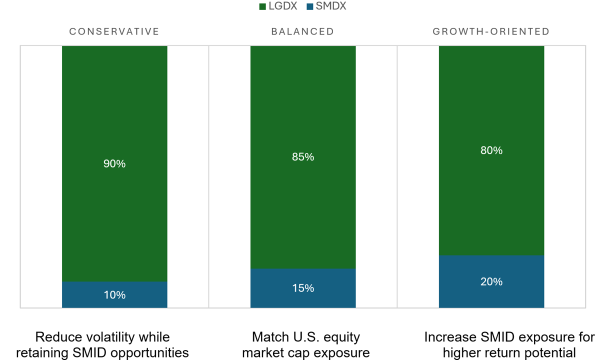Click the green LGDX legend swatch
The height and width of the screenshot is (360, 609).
[x=262, y=6]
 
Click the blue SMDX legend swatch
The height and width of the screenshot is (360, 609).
[x=309, y=6]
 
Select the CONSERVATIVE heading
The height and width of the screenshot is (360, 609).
[x=114, y=31]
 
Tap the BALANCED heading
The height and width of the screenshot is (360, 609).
[x=302, y=31]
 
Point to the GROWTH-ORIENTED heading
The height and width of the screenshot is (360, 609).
[x=491, y=31]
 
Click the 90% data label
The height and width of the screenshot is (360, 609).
[x=114, y=163]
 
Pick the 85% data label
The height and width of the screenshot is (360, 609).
[x=303, y=157]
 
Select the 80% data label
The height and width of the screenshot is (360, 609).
[x=491, y=150]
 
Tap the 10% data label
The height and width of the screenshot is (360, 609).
[x=114, y=295]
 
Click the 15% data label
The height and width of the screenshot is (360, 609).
[x=303, y=288]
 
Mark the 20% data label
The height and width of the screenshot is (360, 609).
[x=491, y=282]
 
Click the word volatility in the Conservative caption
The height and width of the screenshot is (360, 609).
[x=107, y=337]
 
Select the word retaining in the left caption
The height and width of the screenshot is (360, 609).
[x=40, y=353]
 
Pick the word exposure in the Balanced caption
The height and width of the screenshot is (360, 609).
[x=343, y=353]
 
